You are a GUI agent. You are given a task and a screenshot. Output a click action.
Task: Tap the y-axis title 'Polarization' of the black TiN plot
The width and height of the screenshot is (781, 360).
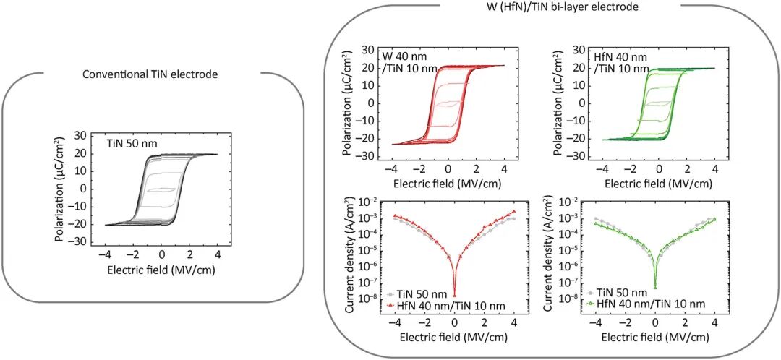click(x=59, y=189)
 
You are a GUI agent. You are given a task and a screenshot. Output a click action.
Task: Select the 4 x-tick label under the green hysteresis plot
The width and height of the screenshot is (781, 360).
click(x=714, y=169)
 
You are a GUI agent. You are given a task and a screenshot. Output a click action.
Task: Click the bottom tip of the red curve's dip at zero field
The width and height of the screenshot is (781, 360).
click(x=454, y=295)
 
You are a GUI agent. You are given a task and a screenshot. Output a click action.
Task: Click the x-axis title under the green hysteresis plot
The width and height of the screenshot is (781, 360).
click(x=654, y=184)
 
